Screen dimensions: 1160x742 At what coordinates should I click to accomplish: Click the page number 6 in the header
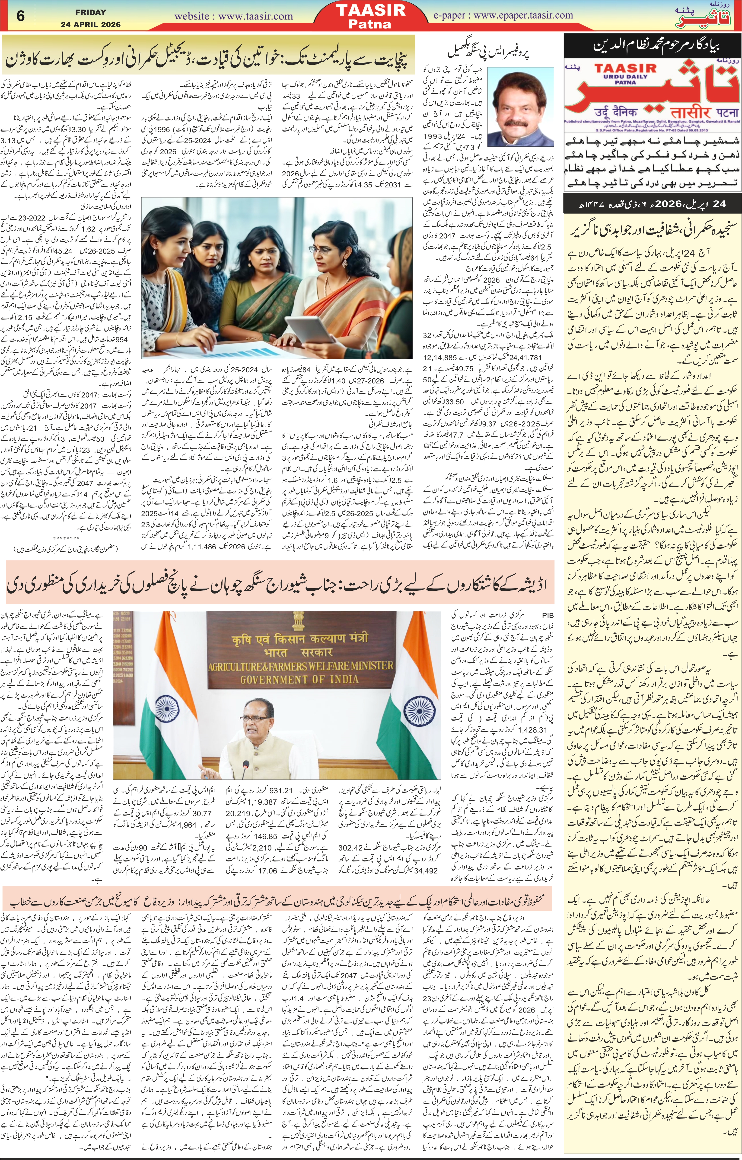(20, 16)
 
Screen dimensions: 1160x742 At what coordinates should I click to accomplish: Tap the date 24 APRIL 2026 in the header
(91, 24)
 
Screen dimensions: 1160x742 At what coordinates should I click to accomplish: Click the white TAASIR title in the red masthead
(370, 10)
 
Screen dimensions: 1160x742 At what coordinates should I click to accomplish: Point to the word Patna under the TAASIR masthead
(370, 24)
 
